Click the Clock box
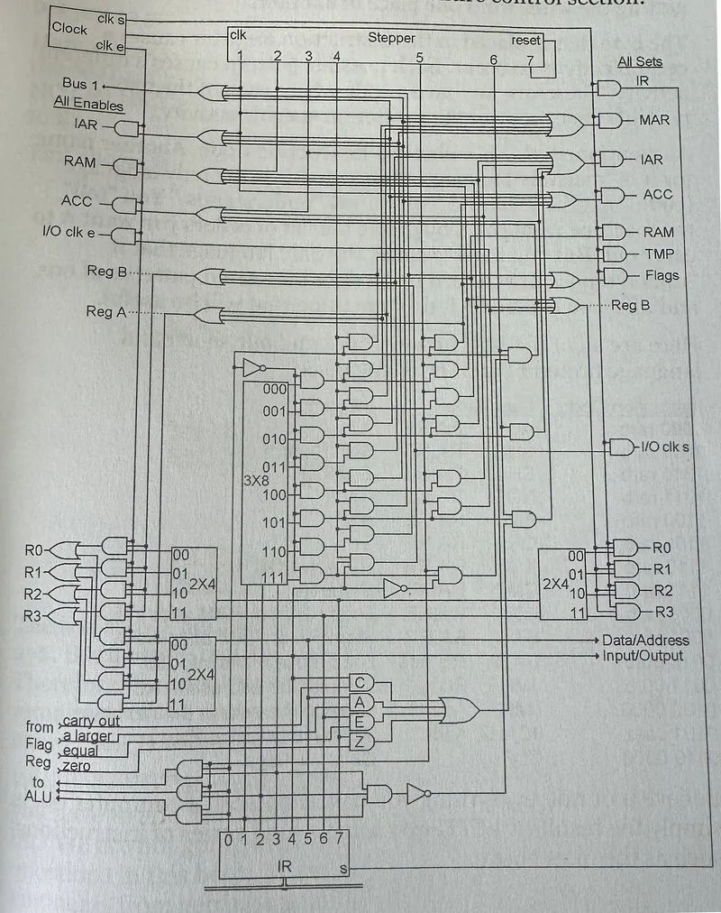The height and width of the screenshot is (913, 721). [x=69, y=28]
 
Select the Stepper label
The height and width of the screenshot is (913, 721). [x=391, y=38]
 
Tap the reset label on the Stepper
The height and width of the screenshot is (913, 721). [x=526, y=41]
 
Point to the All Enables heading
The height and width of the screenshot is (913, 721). [x=88, y=104]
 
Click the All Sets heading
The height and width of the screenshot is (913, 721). [x=639, y=62]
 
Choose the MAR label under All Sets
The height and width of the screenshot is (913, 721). [x=654, y=120]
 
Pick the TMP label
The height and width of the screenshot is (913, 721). [x=658, y=254]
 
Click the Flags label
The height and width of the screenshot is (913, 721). [x=662, y=275]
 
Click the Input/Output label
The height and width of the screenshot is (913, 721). [x=643, y=656]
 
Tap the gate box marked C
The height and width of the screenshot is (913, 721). [x=359, y=683]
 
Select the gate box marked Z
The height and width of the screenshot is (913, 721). [x=359, y=741]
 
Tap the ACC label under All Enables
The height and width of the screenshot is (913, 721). [x=77, y=200]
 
